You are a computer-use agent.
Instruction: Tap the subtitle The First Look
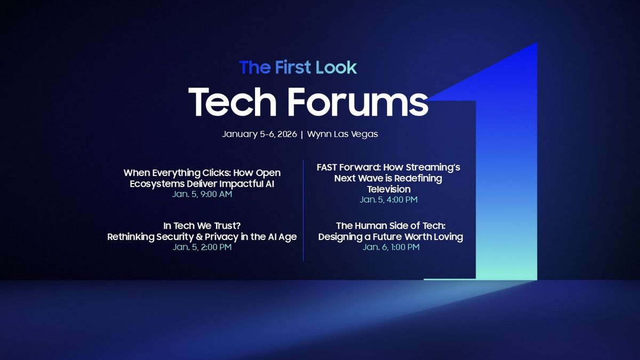click(298, 67)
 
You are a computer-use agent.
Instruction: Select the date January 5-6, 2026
click(259, 134)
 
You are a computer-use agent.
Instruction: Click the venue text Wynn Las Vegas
click(342, 134)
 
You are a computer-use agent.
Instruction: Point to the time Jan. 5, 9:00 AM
click(202, 194)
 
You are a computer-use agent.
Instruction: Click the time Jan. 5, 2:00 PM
click(202, 247)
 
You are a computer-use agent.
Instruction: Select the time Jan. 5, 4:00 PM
click(388, 199)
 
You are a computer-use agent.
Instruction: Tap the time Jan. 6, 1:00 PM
click(390, 247)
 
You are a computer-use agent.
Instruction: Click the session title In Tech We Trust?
click(202, 226)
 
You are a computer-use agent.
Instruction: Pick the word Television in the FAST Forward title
click(388, 189)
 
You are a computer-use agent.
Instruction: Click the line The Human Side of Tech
click(390, 226)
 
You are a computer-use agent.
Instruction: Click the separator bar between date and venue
click(302, 134)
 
